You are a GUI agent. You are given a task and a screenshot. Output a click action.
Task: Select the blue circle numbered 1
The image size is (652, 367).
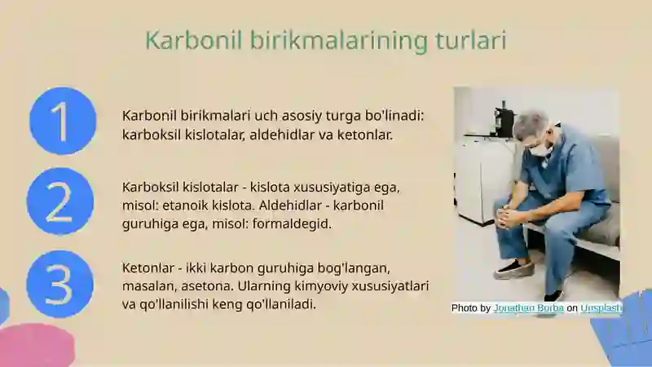[63, 121]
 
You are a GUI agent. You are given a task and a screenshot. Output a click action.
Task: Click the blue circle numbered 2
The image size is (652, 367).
[59, 201]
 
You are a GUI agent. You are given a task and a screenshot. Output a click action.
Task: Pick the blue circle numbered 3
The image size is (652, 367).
[59, 284]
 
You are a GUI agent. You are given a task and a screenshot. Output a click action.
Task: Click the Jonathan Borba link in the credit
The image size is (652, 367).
[528, 308]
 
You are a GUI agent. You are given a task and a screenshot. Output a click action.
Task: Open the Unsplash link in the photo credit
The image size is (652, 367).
[601, 308]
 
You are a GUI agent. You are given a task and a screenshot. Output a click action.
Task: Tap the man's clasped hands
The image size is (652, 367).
[509, 217]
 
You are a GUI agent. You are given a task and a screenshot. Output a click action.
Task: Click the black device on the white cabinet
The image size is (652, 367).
[504, 122]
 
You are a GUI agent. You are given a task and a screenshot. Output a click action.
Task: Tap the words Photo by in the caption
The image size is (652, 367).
[471, 308]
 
